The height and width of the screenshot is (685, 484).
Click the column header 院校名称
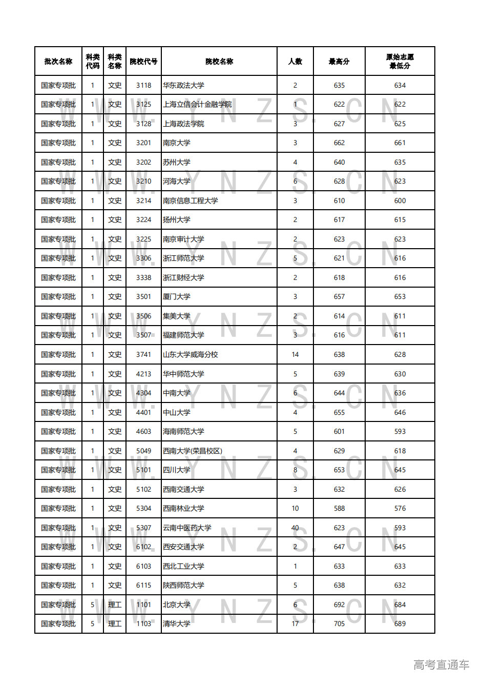click(x=219, y=62)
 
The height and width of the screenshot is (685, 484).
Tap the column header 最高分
click(x=339, y=62)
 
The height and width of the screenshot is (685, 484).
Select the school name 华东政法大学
click(x=183, y=86)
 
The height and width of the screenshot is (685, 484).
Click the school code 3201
click(x=143, y=143)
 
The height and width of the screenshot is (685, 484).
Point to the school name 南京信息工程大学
click(x=191, y=201)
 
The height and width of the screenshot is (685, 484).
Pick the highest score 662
click(x=339, y=143)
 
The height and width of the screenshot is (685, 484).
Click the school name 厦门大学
click(x=177, y=297)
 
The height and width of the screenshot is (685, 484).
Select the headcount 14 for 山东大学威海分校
click(x=295, y=355)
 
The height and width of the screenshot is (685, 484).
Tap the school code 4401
click(x=143, y=413)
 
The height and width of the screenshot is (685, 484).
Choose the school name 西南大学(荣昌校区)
click(x=193, y=451)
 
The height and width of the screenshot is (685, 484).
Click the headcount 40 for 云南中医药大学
click(x=295, y=528)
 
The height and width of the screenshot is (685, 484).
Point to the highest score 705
click(x=339, y=624)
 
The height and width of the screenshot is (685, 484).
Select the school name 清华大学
click(x=177, y=624)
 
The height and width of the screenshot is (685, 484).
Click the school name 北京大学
click(x=177, y=605)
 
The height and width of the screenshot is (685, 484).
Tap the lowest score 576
click(x=400, y=509)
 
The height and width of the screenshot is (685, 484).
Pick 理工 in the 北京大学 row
click(x=115, y=605)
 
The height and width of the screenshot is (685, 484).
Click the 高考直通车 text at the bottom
click(x=441, y=665)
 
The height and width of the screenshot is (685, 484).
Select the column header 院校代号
click(x=143, y=62)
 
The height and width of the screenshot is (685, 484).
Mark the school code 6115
click(x=143, y=586)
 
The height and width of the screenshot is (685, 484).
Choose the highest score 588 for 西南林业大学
click(x=339, y=509)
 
